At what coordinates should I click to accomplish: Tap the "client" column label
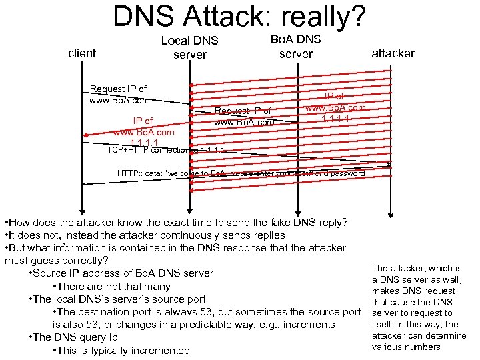coord(82,53)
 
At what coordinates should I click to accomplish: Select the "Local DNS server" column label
coord(190,47)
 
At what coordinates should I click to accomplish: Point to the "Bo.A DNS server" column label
coord(295,46)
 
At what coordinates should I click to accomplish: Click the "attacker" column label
coord(393,53)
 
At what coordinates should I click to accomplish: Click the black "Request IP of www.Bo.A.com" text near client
coord(119,95)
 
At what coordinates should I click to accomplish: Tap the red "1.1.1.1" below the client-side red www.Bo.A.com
coord(144,143)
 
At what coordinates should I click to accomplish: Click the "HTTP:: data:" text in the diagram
coord(142,173)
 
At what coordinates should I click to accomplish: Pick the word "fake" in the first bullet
coord(282,221)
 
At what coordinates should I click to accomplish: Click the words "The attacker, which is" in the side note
coord(417,268)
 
